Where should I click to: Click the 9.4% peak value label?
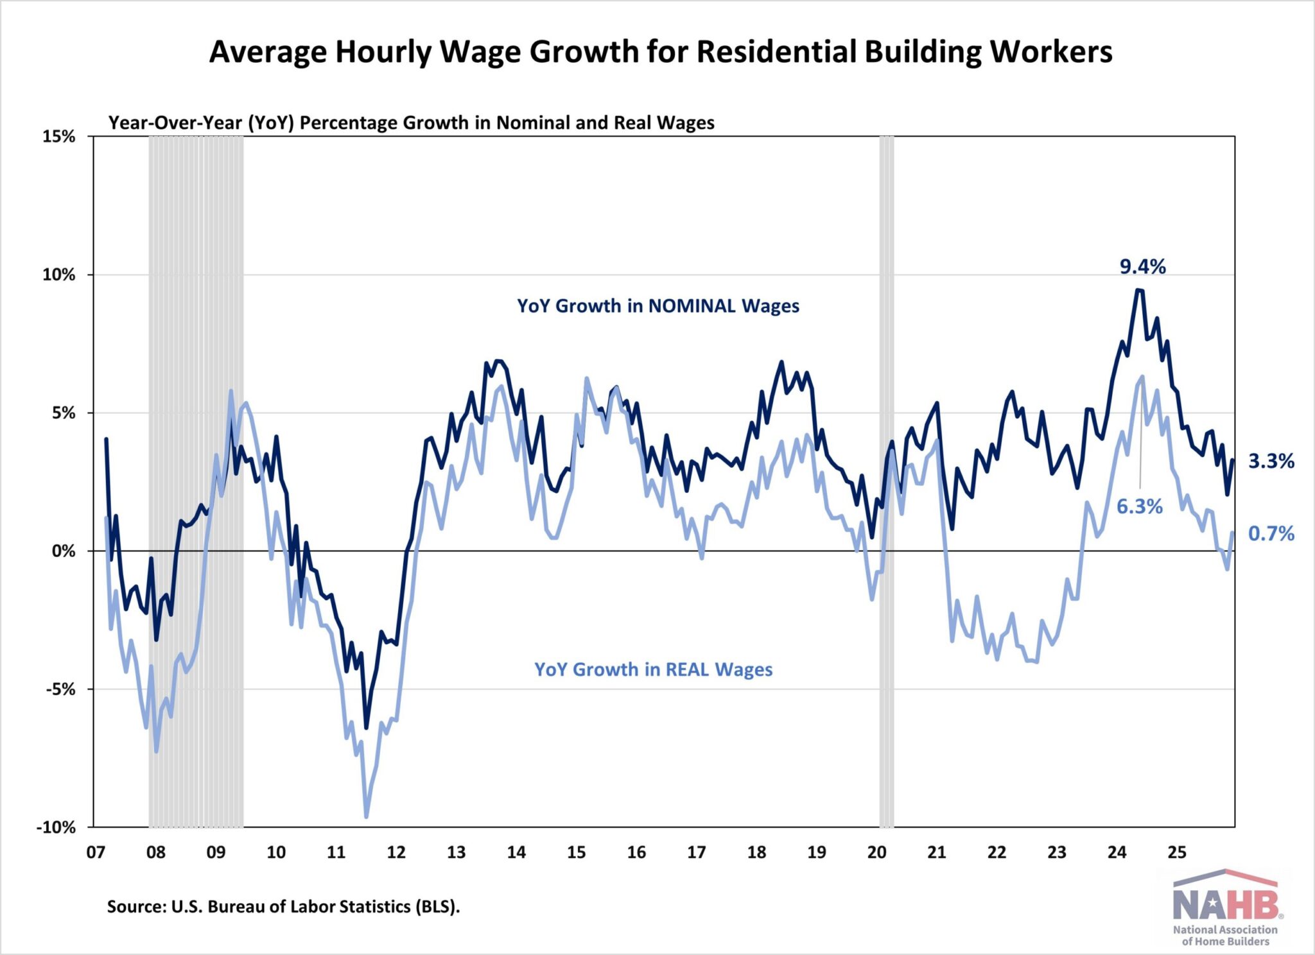1142,266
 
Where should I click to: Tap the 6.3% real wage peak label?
1139,506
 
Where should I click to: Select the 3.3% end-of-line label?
1271,461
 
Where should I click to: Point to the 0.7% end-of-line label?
1271,533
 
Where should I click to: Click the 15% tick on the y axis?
59,137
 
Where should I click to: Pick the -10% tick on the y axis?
57,827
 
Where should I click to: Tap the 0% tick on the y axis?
64,551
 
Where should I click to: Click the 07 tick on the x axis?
96,852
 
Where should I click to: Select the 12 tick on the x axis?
396,852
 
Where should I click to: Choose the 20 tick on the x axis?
876,852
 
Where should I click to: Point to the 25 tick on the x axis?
1176,852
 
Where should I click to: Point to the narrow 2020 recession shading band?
886,481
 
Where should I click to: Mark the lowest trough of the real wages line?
367,817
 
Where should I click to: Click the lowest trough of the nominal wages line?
366,728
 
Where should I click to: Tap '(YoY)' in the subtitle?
271,123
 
